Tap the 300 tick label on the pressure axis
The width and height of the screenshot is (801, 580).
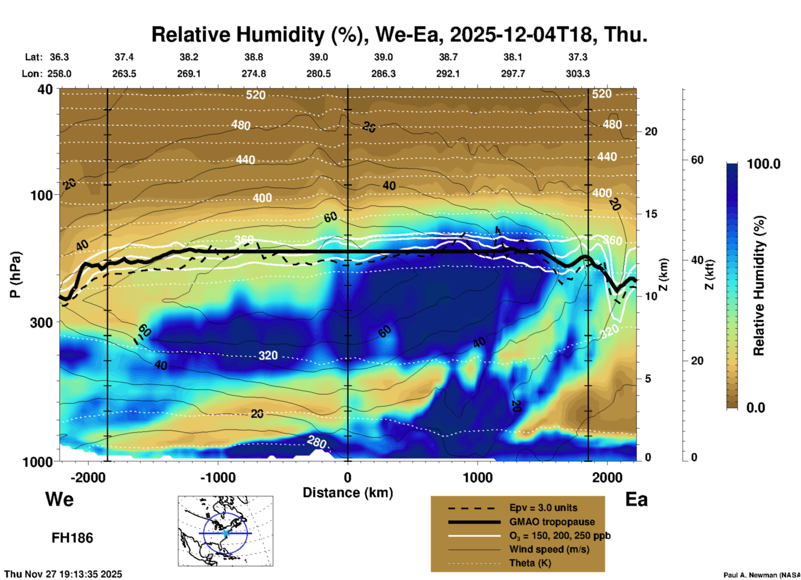click(41, 322)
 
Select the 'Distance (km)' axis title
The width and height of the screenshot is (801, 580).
click(348, 493)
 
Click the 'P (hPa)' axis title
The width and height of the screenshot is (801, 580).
click(15, 275)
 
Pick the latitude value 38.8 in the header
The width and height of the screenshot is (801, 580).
click(253, 57)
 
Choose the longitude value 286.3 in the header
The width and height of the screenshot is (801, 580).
click(383, 74)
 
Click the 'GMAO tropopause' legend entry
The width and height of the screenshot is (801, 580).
click(552, 522)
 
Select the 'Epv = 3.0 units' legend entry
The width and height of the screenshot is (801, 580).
click(543, 508)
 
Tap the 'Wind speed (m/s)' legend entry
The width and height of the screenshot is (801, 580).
click(549, 549)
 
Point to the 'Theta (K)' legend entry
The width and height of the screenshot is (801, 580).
click(530, 563)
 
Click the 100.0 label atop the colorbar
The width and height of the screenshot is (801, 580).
click(764, 164)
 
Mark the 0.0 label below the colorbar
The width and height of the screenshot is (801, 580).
click(755, 407)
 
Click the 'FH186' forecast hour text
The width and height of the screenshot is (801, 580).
click(72, 538)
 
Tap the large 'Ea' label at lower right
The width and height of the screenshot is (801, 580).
click(636, 499)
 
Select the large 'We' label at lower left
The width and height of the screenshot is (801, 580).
click(59, 499)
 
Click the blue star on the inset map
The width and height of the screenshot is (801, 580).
click(226, 533)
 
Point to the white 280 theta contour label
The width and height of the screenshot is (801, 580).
click(316, 441)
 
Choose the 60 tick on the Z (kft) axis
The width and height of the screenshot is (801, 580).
click(697, 160)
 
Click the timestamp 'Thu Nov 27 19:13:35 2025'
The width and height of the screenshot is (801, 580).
click(63, 574)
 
